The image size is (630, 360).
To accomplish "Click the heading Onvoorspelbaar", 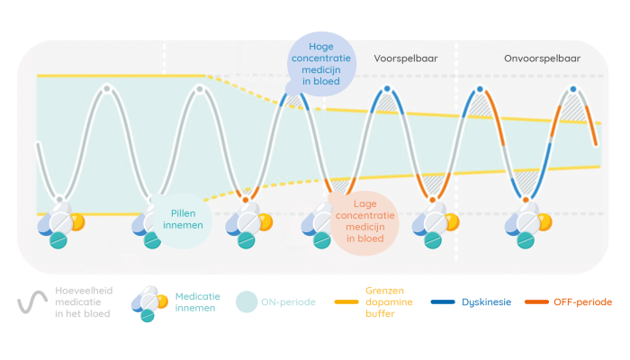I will [x=542, y=58].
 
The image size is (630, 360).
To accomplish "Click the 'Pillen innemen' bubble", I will [x=184, y=220].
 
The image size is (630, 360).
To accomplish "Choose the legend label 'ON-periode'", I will [x=288, y=302].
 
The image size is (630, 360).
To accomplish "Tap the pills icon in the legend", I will [x=148, y=302].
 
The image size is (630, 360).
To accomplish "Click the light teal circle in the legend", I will [x=246, y=302].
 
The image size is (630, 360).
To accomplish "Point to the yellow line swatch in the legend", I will [x=347, y=302].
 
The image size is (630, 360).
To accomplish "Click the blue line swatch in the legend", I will [x=443, y=302].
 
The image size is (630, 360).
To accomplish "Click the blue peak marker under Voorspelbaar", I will [x=387, y=88].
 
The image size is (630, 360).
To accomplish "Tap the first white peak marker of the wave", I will [x=107, y=88].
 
